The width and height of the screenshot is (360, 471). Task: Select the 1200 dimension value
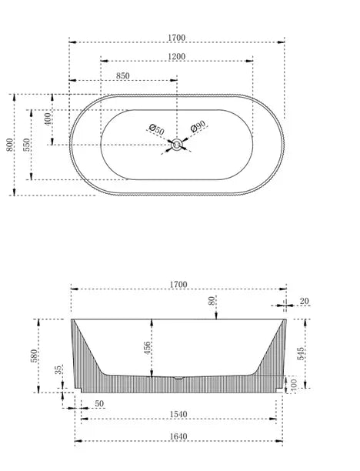pyautogui.click(x=177, y=57)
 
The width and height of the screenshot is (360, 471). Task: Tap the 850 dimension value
pyautogui.click(x=122, y=75)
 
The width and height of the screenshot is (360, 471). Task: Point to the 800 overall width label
pyautogui.click(x=9, y=145)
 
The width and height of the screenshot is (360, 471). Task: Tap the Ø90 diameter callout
pyautogui.click(x=197, y=126)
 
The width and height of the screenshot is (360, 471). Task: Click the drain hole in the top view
pyautogui.click(x=178, y=143)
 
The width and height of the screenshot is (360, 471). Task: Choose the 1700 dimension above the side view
pyautogui.click(x=178, y=285)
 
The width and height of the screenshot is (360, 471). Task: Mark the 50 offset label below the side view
pyautogui.click(x=99, y=404)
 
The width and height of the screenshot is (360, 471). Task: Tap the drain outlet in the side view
pyautogui.click(x=178, y=378)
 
